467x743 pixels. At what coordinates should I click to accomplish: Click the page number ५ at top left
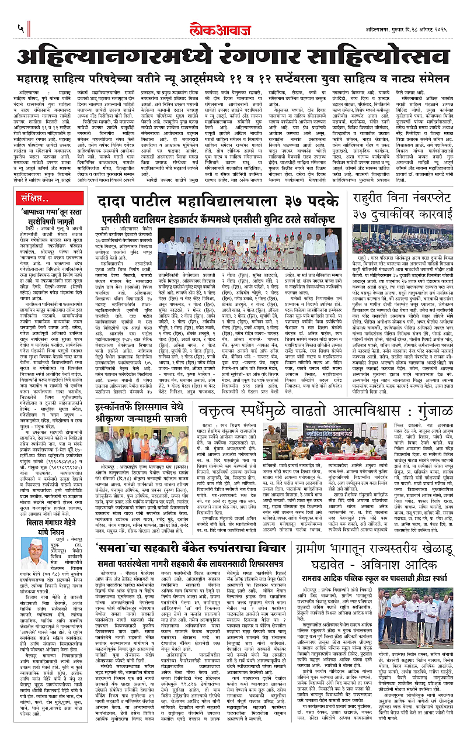coord(21,27)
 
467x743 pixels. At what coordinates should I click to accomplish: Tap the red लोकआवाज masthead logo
coord(234,27)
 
